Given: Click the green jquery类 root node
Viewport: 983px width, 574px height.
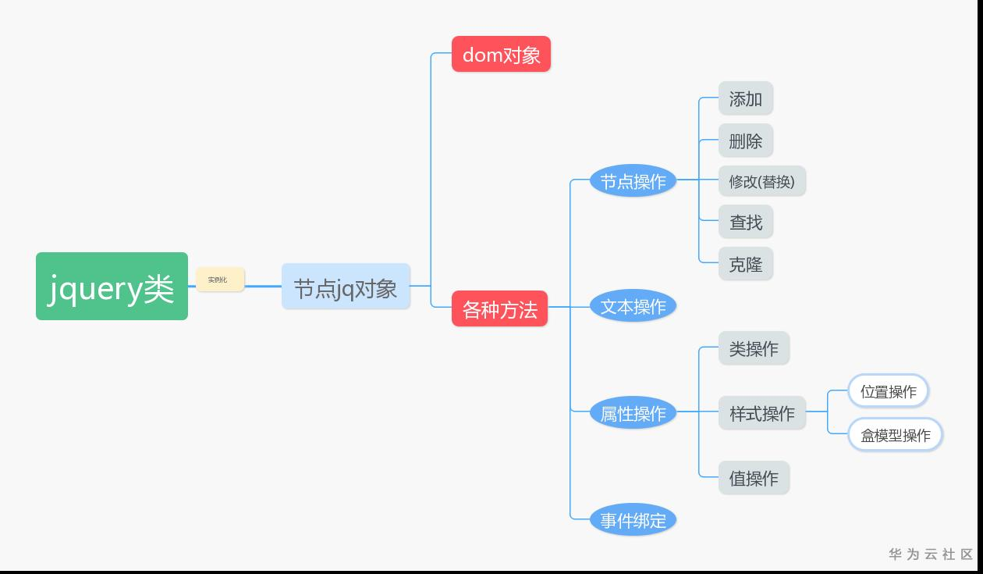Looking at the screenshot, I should pyautogui.click(x=112, y=286).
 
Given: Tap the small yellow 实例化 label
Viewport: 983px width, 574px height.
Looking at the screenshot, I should pyautogui.click(x=220, y=280).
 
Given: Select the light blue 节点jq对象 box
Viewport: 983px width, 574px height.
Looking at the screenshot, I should pyautogui.click(x=346, y=287).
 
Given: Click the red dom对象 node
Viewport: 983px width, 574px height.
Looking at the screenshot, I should pyautogui.click(x=501, y=55).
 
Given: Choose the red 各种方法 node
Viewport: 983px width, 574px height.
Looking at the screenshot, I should pyautogui.click(x=499, y=309).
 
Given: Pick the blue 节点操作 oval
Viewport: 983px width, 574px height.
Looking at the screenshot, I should pyautogui.click(x=633, y=181).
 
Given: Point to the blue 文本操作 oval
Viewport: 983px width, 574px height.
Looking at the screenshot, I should pyautogui.click(x=633, y=307).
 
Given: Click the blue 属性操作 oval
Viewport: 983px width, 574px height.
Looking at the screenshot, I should pyautogui.click(x=633, y=413).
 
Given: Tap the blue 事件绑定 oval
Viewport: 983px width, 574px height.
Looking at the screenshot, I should pyautogui.click(x=633, y=520).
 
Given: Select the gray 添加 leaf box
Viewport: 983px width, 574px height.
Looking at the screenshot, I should pyautogui.click(x=745, y=98).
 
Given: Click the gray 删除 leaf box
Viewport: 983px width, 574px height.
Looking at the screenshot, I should pyautogui.click(x=745, y=141).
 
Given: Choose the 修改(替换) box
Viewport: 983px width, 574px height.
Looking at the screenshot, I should pyautogui.click(x=761, y=181).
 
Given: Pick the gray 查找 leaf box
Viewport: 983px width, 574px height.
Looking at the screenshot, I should pyautogui.click(x=745, y=223).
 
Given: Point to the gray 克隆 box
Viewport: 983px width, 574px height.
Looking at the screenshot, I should pyautogui.click(x=745, y=264).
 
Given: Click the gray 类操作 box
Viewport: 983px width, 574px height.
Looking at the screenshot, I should pyautogui.click(x=754, y=348).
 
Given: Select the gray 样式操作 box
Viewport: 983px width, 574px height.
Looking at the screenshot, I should pyautogui.click(x=761, y=413).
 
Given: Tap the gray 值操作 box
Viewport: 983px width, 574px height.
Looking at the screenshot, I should pyautogui.click(x=754, y=478).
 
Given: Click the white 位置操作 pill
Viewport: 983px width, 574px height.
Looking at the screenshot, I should pyautogui.click(x=888, y=391).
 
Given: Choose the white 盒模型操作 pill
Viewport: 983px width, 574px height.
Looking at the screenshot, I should pyautogui.click(x=895, y=435).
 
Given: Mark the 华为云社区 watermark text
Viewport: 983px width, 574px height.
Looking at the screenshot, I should pyautogui.click(x=931, y=554).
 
